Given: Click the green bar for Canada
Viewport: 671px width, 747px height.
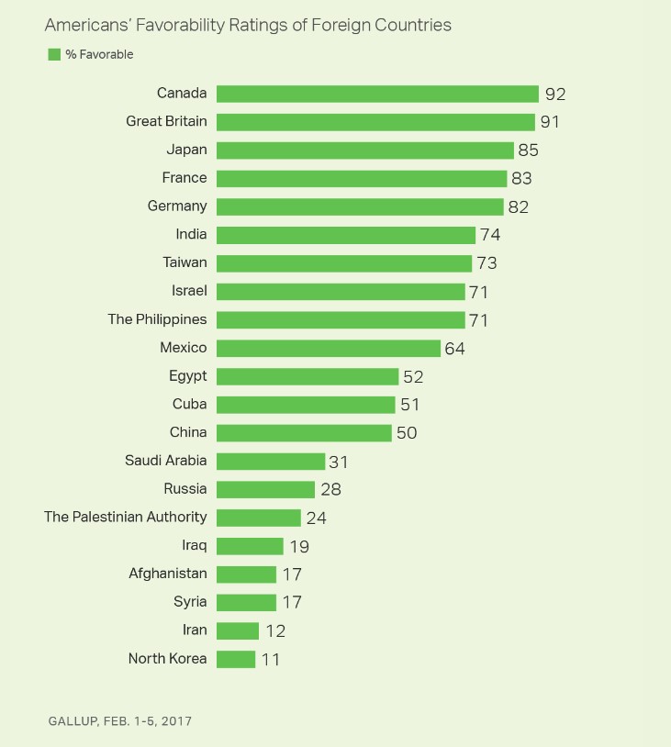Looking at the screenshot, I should click(377, 94).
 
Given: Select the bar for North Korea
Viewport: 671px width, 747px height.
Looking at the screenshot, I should click(236, 659).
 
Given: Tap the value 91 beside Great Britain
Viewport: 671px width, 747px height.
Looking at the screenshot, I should click(550, 122).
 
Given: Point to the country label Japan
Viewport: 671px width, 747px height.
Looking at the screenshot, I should click(188, 150).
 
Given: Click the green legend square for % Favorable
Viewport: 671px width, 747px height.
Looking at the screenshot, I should click(54, 55).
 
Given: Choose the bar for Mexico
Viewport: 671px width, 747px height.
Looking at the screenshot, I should click(329, 348).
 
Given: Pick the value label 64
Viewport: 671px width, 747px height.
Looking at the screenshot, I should click(456, 349).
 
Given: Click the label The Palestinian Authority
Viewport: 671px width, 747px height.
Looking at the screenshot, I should click(126, 517).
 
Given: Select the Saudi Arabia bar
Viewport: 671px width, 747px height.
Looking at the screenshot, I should click(271, 461).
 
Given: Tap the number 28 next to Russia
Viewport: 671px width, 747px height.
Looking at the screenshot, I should click(330, 489).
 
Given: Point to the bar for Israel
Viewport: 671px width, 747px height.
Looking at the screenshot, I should click(341, 291).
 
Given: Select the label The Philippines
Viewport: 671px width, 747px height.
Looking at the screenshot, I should click(158, 319).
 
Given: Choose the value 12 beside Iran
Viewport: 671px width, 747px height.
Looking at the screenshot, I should click(274, 630).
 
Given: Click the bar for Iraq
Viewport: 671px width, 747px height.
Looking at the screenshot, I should click(250, 546).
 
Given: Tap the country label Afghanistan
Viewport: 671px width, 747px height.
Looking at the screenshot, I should click(168, 574).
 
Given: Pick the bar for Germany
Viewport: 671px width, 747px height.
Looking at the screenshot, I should click(360, 206).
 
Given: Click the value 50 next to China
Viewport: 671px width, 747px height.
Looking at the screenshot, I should click(407, 433).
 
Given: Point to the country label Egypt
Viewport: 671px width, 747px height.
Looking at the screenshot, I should click(188, 376).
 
